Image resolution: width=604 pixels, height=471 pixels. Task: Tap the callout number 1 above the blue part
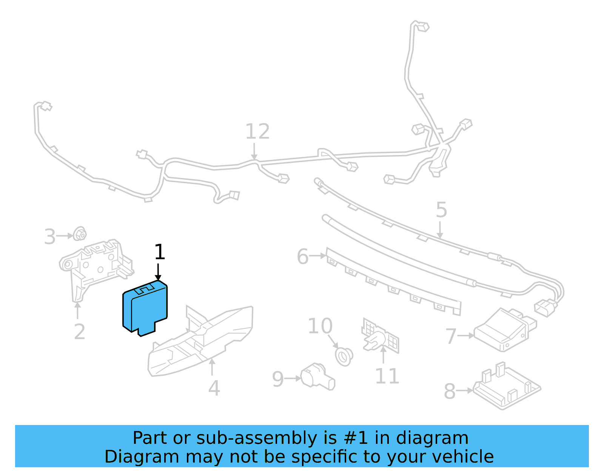pos(160,252)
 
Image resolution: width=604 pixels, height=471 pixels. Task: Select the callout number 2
pos(79,332)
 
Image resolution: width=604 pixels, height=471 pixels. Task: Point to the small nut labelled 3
pos(80,234)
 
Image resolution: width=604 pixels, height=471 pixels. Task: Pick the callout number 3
pos(50,237)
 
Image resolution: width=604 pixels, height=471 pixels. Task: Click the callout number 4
pos(214,388)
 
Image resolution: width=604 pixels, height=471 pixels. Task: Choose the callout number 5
pos(441,210)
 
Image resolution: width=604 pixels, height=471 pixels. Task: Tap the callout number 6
pos(303,257)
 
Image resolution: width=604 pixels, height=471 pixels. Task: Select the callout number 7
pos(451,336)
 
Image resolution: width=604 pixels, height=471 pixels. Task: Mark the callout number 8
pos(450,391)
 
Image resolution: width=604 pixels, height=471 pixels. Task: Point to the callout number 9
pos(278,379)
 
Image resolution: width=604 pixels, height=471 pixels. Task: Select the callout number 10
pos(320,326)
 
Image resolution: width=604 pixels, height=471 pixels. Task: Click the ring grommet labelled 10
pos(344,356)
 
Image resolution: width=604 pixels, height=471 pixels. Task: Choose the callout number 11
pos(387,376)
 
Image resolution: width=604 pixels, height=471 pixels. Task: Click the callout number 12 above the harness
pos(257,132)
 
